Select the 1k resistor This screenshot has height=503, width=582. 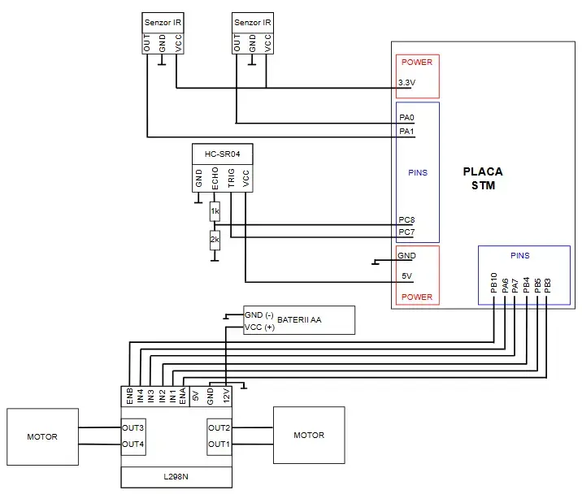coord(215,212)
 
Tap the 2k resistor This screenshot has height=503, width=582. coord(215,240)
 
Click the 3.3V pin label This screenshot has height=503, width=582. coord(407,83)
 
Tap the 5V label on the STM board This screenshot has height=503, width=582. coord(406,276)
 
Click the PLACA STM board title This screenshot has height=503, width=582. coord(482,179)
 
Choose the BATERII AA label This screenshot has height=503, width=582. coord(299,320)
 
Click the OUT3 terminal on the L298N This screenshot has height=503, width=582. coord(133,427)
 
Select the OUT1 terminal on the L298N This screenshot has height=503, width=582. coord(219,444)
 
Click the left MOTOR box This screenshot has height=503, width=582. coord(42,436)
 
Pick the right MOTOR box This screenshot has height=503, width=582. coord(309,435)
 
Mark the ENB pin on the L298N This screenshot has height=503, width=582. coord(128,397)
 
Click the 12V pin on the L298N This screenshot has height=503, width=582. coord(226,397)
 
